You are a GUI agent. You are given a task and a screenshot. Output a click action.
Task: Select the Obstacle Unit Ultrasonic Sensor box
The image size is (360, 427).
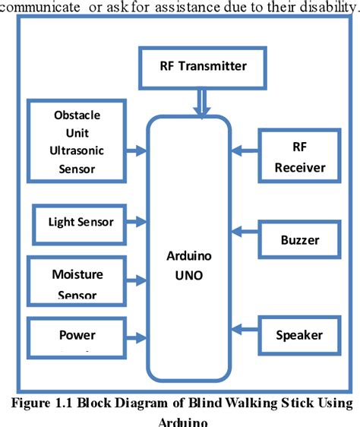pos(76,141)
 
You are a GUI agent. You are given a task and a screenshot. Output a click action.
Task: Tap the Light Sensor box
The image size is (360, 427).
pos(81,222)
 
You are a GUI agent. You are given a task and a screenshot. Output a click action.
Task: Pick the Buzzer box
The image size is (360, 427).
pos(299,241)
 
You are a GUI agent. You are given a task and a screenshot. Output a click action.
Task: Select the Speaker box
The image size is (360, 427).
pos(299,335)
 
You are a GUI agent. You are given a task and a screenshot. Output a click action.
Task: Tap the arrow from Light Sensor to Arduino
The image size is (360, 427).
pos(137,222)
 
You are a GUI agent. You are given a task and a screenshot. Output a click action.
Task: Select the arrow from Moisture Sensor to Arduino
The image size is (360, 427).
pos(137,281)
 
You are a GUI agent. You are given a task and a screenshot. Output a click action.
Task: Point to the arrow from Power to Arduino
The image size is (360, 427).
pos(137,337)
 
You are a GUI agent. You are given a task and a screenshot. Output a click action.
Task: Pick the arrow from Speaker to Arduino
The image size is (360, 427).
pos(245,327)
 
